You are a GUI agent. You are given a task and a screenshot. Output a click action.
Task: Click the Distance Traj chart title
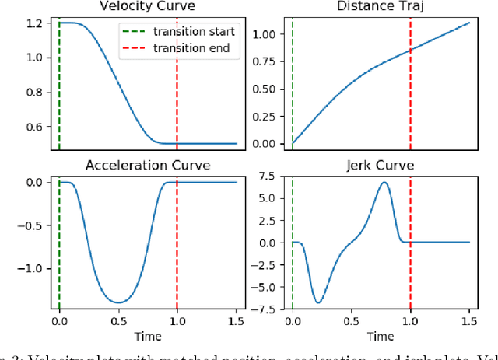pos(381,6)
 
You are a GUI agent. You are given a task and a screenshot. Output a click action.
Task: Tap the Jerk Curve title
pos(381,165)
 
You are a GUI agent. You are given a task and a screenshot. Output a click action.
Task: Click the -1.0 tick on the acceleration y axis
pos(31,268)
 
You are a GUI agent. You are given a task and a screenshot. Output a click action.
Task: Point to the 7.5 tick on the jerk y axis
pos(265,176)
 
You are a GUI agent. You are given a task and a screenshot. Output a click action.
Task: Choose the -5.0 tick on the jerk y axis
pos(263,287)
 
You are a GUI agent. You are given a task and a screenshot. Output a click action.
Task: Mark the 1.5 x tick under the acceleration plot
pos(236,320)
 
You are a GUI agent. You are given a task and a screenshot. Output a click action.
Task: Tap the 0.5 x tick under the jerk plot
pos(352,320)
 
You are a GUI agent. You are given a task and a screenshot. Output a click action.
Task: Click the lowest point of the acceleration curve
pos(118,302)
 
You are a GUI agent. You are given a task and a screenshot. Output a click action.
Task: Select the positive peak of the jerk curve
pos(384,183)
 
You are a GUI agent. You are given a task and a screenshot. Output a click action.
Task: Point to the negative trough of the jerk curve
pos(319,302)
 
